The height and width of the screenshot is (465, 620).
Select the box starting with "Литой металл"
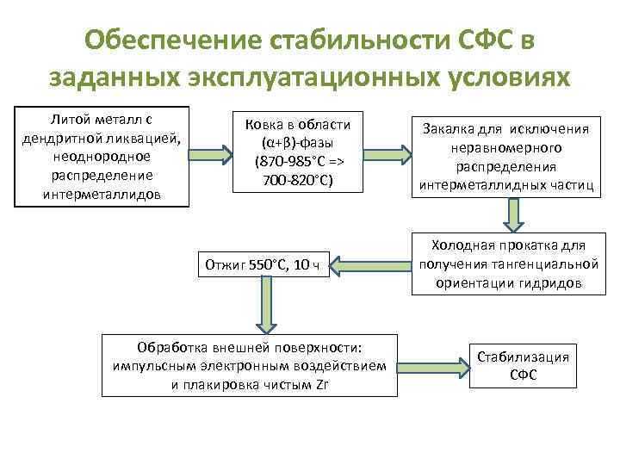[x=101, y=156]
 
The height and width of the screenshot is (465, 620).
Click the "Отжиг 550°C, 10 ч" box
[x=262, y=263]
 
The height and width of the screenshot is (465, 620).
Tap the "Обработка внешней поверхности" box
[x=250, y=365]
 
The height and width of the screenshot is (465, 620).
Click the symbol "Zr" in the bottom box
[x=321, y=384]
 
